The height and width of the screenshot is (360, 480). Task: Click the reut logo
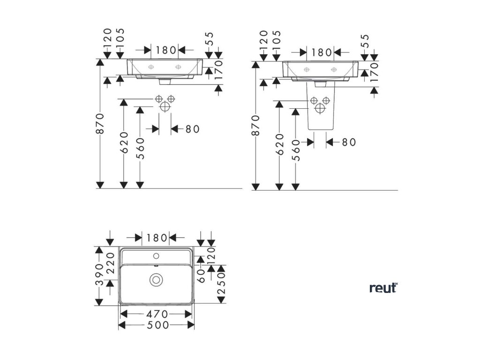click(383, 287)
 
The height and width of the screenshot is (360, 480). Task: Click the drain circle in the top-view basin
click(155, 280)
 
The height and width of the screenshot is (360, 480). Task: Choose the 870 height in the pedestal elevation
click(256, 126)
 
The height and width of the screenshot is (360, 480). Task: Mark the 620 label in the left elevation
click(124, 142)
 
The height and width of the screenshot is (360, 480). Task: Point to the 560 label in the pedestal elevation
click(296, 150)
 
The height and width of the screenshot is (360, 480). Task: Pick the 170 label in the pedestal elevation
click(374, 73)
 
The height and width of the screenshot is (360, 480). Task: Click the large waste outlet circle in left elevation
click(165, 106)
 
